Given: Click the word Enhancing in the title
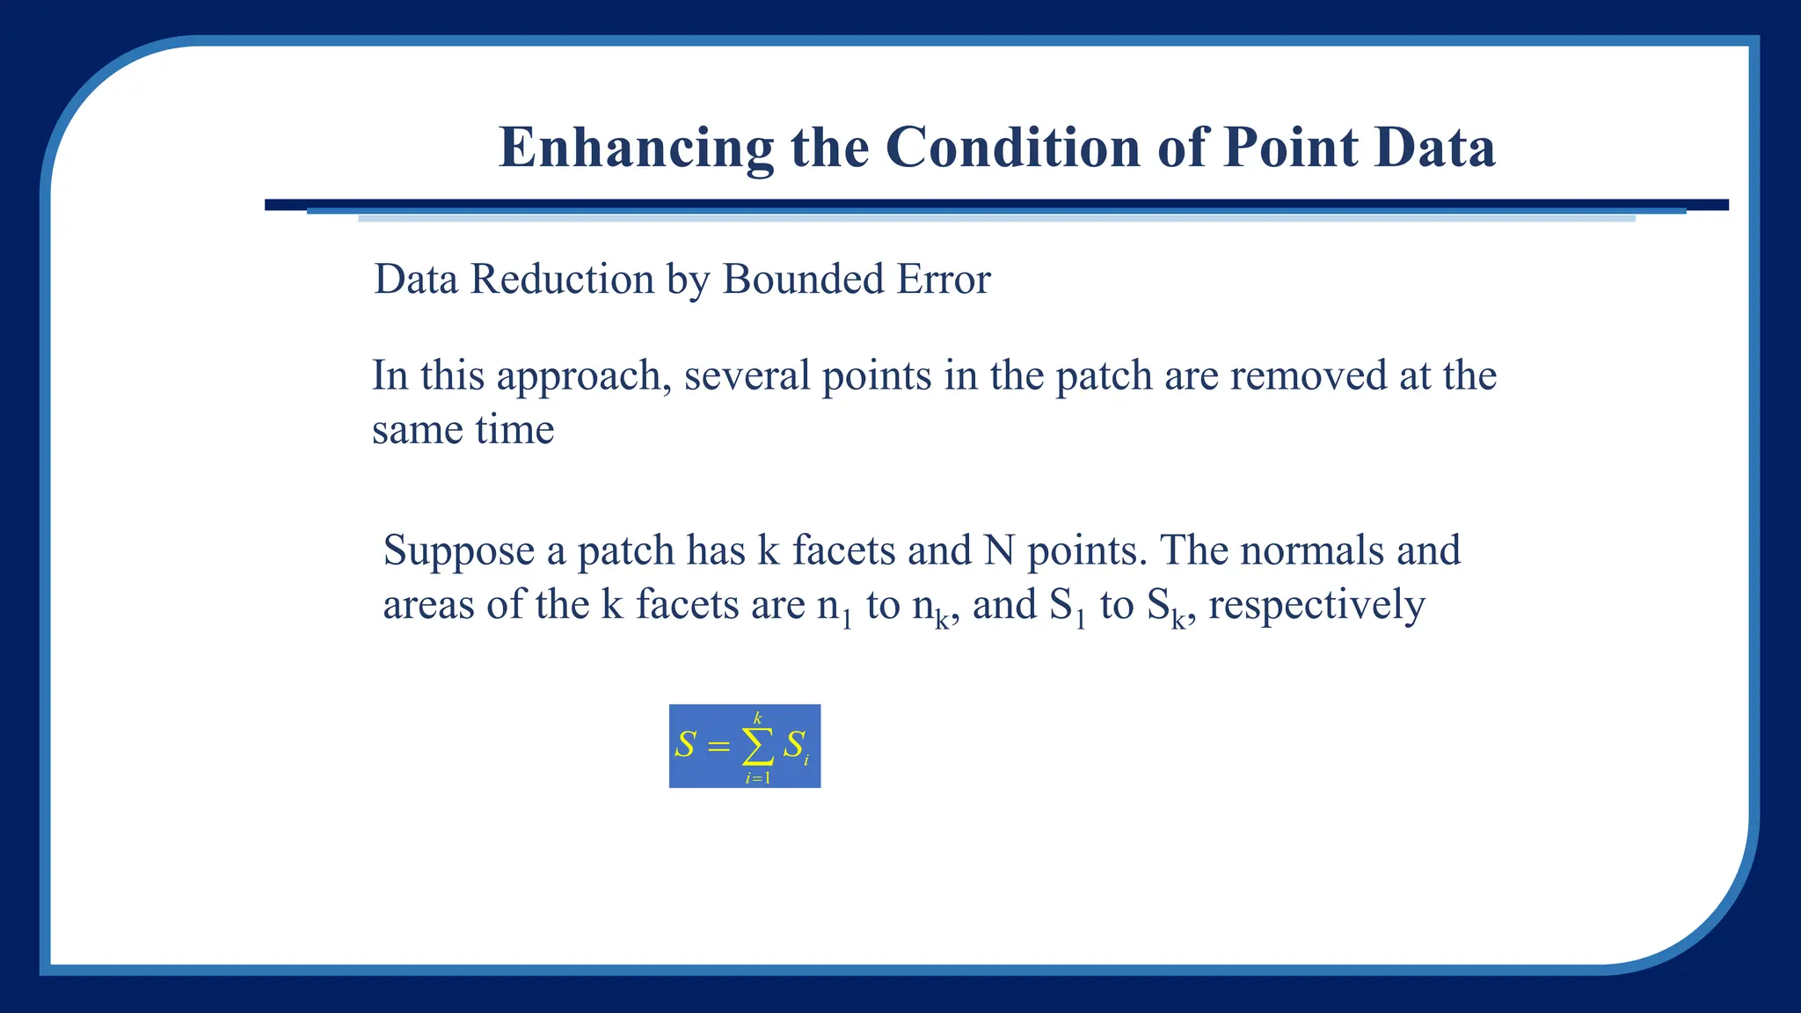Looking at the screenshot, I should coord(636,148).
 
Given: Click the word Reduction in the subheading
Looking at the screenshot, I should coord(562,280).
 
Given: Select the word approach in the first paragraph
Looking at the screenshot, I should coord(578,376).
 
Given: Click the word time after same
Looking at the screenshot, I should coord(514,430).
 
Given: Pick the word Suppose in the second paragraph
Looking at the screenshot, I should coord(458,551).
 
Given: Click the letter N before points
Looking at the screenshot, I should coord(999,550).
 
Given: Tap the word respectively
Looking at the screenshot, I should coord(1316,606).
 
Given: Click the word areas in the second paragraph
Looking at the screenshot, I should coord(428,606).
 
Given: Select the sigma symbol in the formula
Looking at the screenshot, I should coord(758,747).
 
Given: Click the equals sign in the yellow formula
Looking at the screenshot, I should coord(718,747).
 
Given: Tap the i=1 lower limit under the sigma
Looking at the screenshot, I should coord(758,777).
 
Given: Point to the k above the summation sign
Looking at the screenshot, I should coord(758,718).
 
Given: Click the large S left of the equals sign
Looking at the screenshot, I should coord(685,746).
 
